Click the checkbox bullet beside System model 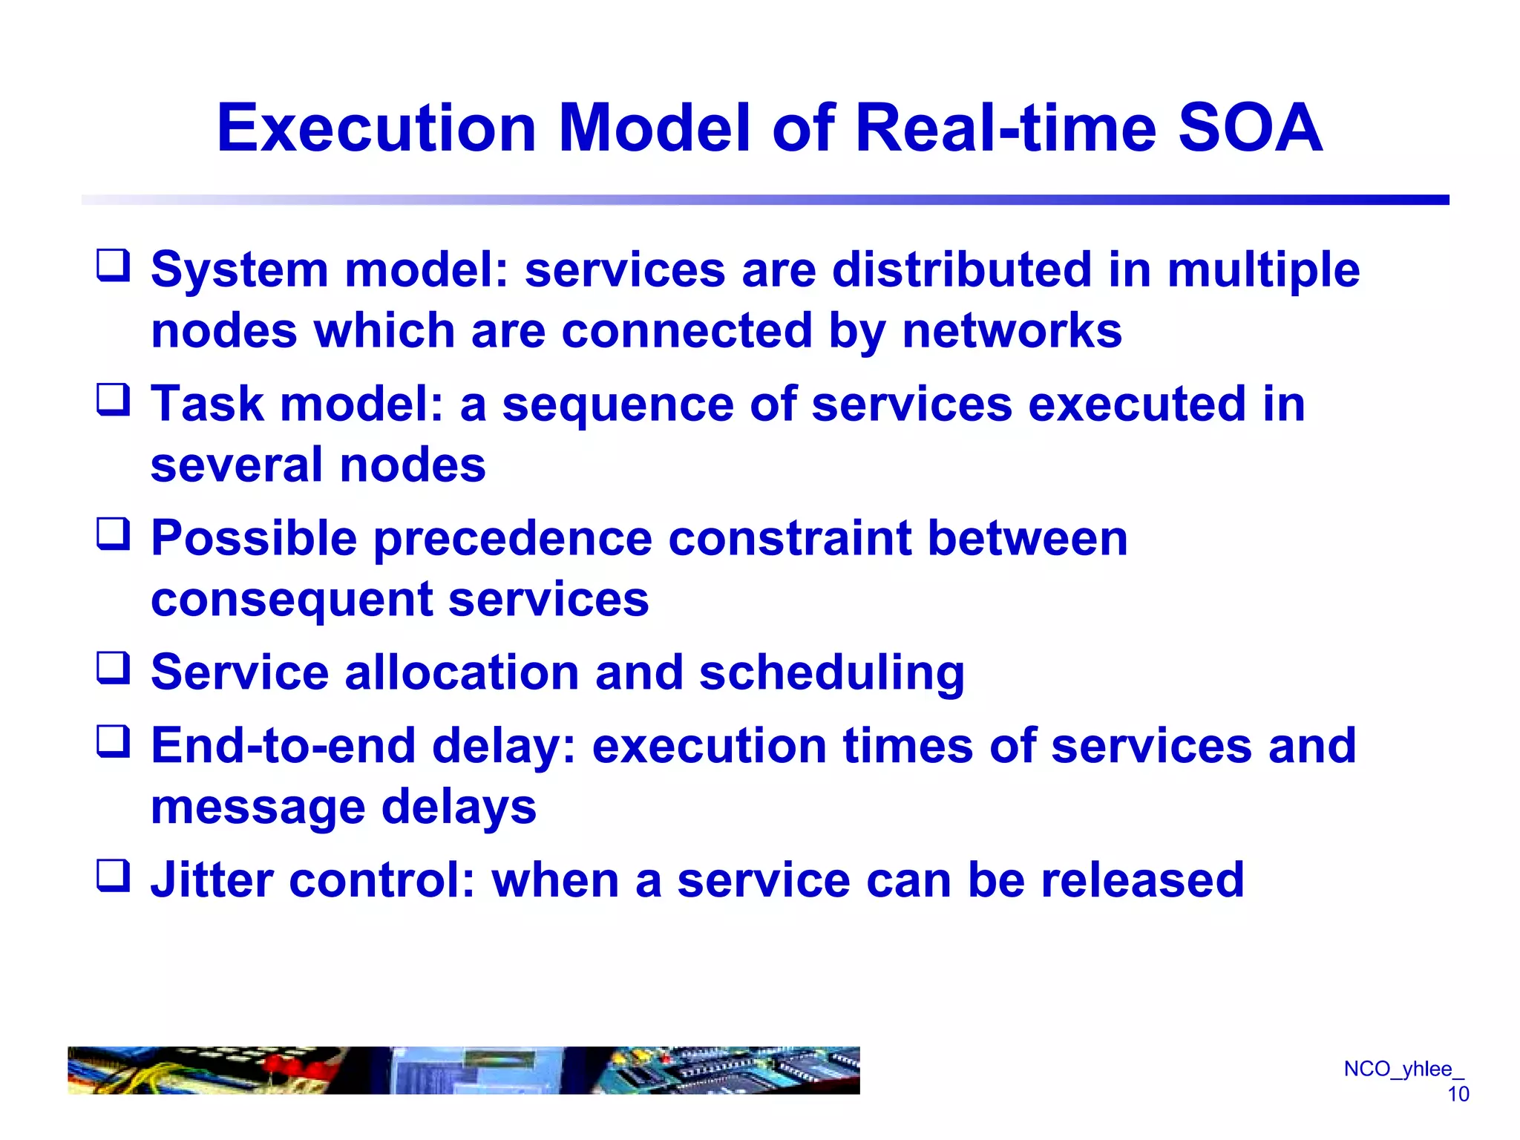click(x=114, y=266)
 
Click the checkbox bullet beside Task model click(x=114, y=400)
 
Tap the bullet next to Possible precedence click(x=114, y=534)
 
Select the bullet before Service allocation click(x=114, y=668)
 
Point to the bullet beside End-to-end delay click(x=114, y=741)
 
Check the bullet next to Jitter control click(x=114, y=876)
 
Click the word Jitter click(x=212, y=880)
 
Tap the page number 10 click(x=1458, y=1094)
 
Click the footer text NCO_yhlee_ click(x=1403, y=1069)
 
